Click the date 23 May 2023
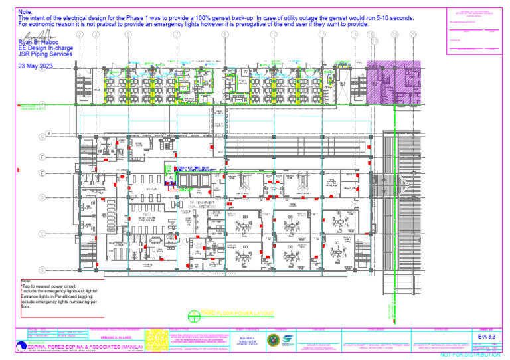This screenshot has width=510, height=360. (x=36, y=66)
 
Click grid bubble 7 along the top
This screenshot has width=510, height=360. (x=177, y=34)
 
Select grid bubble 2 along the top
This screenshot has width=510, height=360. (x=80, y=34)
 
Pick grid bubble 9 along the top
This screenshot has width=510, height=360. (x=225, y=34)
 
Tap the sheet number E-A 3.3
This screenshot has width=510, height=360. (x=488, y=337)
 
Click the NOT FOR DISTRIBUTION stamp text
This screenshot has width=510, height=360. (x=470, y=355)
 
